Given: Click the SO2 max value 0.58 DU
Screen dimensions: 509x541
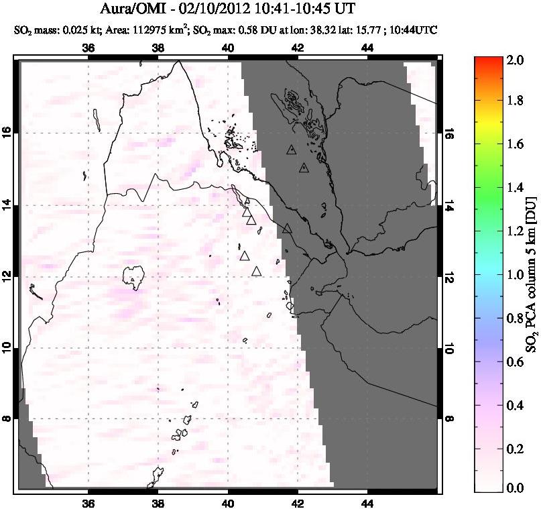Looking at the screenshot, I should pos(261,30).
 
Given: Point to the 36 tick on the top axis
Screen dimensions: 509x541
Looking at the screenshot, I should pos(88,48).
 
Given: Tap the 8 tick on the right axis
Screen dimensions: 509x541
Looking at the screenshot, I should pos(448,418).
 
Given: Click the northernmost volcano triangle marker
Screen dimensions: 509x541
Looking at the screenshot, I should pos(290,150).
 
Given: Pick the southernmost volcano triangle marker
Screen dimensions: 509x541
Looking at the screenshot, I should pos(256,272).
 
